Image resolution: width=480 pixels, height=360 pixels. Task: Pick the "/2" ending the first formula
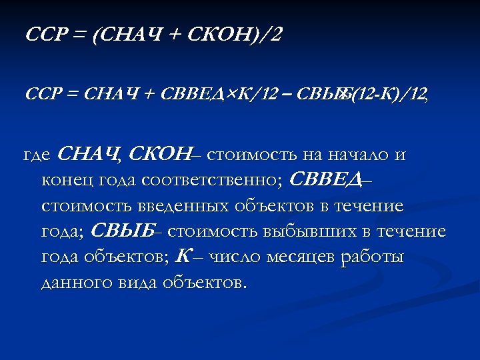click(273, 35)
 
